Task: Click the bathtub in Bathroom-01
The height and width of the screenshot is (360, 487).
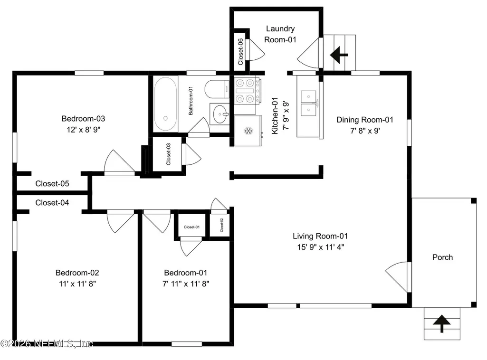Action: point(165,104)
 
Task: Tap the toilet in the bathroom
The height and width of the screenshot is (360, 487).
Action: point(217,89)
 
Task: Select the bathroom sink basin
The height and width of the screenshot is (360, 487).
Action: point(220,114)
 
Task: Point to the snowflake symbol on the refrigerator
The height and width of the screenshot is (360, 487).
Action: point(248,131)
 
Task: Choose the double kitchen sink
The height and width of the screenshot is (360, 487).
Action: point(308,104)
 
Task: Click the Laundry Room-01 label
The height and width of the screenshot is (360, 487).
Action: point(280,34)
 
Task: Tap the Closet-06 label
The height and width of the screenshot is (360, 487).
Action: point(240,52)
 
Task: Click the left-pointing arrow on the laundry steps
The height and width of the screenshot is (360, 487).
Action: point(339,55)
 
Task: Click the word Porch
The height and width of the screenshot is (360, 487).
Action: point(443,257)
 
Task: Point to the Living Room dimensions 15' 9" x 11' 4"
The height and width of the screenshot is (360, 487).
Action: point(321,247)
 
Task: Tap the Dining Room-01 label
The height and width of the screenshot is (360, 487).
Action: point(365,120)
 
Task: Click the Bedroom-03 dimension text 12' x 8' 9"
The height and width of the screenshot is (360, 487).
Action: point(84,130)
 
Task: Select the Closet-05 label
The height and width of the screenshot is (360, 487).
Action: point(52,184)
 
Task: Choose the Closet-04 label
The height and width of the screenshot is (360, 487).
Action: point(52,203)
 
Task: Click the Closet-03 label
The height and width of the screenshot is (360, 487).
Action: point(168,154)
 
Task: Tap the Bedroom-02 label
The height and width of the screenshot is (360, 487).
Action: point(77,273)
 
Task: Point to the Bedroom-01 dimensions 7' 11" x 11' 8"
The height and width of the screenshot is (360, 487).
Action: point(186,284)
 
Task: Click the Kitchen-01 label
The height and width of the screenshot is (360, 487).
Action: point(275,116)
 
